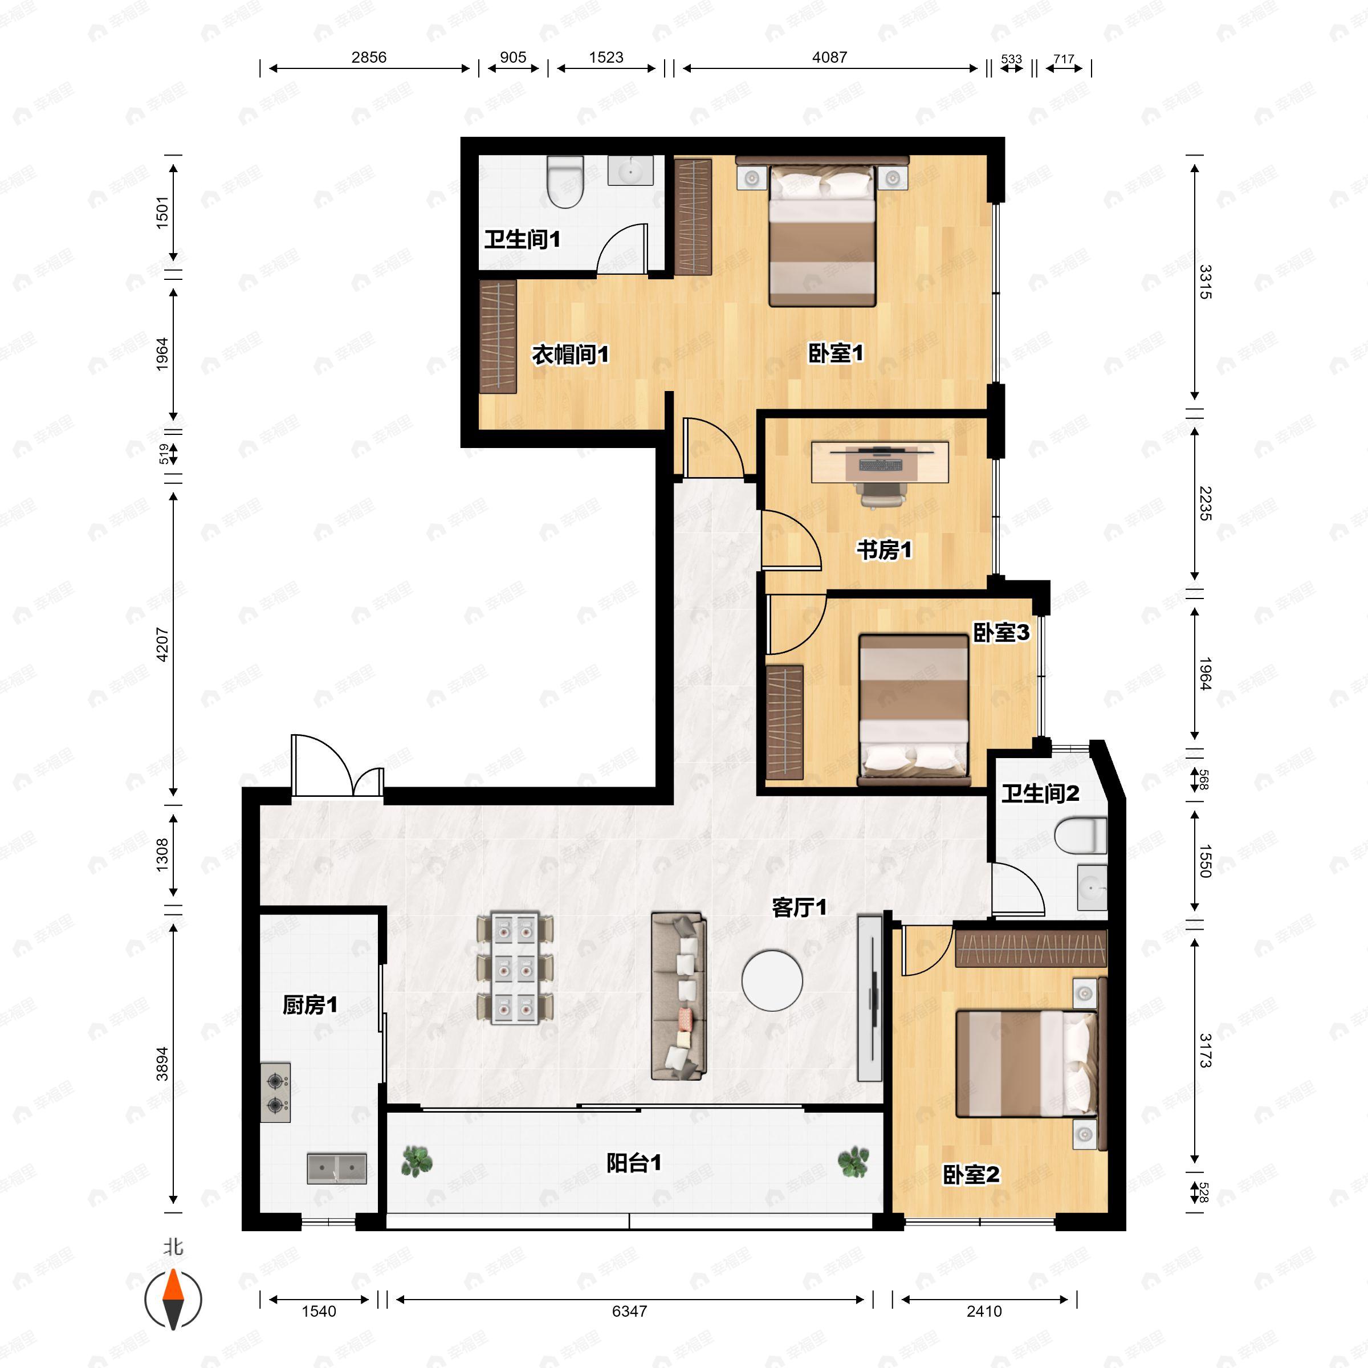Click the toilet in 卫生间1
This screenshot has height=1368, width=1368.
(x=565, y=181)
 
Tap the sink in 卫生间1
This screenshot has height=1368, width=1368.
(x=630, y=170)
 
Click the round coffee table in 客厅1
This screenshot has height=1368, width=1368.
(x=772, y=980)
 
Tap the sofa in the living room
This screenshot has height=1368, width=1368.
(x=679, y=996)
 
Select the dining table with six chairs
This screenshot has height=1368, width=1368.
(x=515, y=968)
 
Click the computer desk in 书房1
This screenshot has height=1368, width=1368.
(x=880, y=462)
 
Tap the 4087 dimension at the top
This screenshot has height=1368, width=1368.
(x=829, y=58)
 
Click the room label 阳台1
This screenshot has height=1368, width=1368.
(x=634, y=1163)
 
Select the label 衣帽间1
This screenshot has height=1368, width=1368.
(x=570, y=354)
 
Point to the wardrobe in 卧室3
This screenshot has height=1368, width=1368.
(x=784, y=722)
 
